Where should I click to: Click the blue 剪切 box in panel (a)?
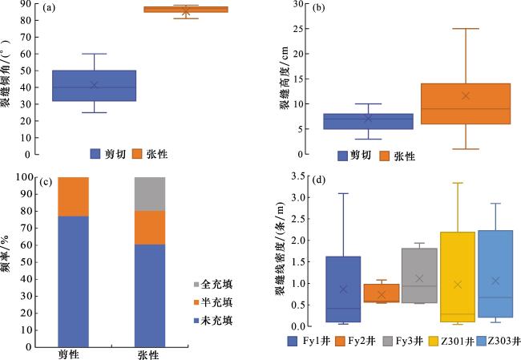(x=95, y=86)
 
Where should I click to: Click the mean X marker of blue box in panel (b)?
(x=368, y=119)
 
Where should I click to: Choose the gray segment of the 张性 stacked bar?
(x=148, y=194)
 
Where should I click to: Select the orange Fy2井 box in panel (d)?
(x=381, y=293)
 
